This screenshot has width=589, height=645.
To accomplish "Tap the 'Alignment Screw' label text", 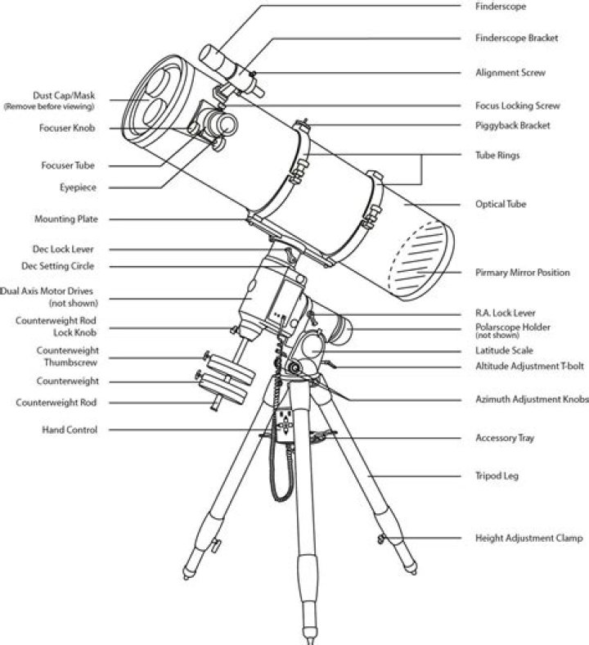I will pos(510,73).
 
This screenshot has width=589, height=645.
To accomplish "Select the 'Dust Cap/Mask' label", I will pos(64,95).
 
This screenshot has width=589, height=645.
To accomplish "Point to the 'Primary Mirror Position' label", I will pos(522,273).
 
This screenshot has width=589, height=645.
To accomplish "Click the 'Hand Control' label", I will pos(70,430).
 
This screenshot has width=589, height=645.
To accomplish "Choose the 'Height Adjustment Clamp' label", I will pos(528,539).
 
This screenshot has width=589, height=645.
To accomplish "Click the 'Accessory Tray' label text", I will pos(505,438).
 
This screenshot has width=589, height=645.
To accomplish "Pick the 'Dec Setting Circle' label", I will pos(58,266).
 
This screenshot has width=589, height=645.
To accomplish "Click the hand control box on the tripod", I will pos(286,425).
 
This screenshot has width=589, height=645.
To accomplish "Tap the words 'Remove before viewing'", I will pos(49,107).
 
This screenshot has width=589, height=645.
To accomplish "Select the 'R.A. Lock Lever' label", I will pos(506,312).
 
